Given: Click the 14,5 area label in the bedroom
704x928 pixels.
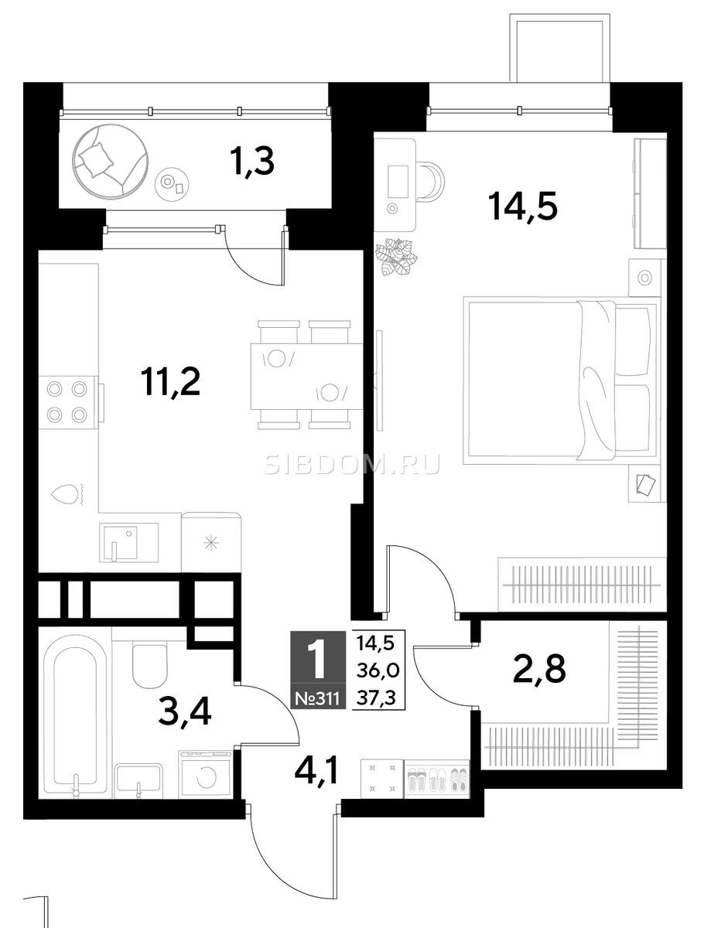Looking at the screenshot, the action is [522, 206].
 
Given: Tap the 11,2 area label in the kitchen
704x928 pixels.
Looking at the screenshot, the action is [171, 381].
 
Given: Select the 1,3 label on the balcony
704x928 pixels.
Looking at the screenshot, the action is [252, 161].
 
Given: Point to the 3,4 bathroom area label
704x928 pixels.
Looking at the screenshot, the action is [183, 712].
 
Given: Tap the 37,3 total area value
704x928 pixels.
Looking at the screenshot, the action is [376, 698].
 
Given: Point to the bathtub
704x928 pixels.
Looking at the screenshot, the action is [75, 712].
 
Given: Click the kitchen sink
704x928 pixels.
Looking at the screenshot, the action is [128, 542].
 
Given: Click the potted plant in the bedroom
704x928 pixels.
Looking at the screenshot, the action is [396, 257].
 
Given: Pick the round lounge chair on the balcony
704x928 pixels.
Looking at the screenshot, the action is [111, 161].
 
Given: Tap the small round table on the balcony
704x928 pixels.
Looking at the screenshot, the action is [172, 184].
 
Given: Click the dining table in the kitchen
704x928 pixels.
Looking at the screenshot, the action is [306, 377].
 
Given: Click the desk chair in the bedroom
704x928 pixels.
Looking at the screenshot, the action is [430, 180].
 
